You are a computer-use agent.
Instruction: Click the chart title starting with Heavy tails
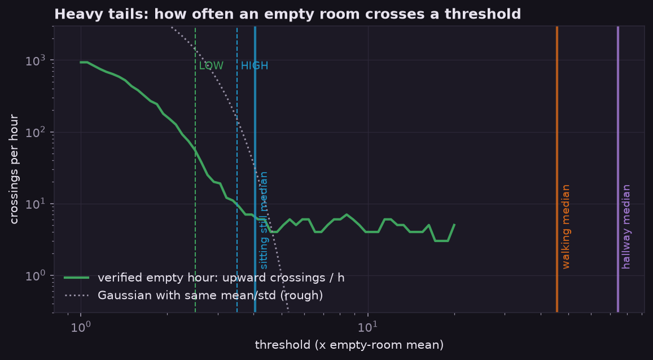click(x=287, y=14)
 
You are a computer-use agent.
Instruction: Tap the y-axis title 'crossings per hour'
click(x=14, y=169)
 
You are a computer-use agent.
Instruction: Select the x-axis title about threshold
click(x=349, y=345)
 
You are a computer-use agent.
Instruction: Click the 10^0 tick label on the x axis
click(x=81, y=327)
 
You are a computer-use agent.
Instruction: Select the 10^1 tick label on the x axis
click(x=368, y=327)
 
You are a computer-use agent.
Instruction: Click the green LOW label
click(x=211, y=66)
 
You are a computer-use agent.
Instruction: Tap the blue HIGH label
click(x=255, y=66)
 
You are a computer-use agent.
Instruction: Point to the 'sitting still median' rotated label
click(x=263, y=220)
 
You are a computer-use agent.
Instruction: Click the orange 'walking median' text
click(x=566, y=226)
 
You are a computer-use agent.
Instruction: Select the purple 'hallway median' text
click(x=626, y=226)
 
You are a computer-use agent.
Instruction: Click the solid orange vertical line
click(x=557, y=169)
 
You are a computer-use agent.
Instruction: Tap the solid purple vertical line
click(x=617, y=169)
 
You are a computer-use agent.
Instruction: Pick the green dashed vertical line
click(x=195, y=169)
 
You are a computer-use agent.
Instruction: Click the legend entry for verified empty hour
click(x=204, y=278)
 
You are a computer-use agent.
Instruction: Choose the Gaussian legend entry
click(x=194, y=295)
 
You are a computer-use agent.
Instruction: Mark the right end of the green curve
click(x=454, y=225)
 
